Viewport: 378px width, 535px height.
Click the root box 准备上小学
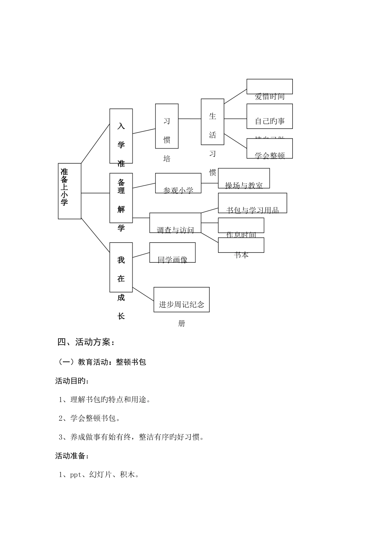[69, 191]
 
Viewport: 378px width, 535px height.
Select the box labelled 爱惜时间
[269, 87]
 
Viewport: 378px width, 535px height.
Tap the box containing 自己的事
[269, 116]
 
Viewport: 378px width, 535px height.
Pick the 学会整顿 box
[269, 148]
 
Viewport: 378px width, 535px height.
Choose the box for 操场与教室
[244, 178]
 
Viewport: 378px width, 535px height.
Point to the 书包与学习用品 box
[252, 203]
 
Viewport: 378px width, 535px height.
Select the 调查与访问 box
[175, 223]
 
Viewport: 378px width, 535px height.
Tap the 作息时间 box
[241, 225]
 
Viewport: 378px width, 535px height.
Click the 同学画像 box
[172, 252]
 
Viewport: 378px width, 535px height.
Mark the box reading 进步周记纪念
[181, 299]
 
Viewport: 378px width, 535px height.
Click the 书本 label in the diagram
[242, 255]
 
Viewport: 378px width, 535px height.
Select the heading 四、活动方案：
[86, 342]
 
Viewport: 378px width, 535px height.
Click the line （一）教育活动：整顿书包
[102, 362]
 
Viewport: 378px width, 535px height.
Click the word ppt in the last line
[76, 474]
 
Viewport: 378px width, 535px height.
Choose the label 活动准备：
[72, 456]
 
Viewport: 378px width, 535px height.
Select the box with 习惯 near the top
[167, 126]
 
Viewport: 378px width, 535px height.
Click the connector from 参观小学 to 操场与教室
[210, 183]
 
